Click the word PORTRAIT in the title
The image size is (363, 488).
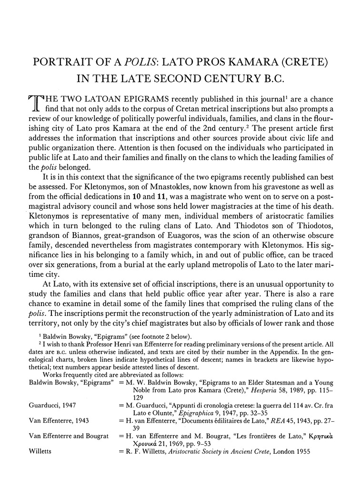point(52,62)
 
